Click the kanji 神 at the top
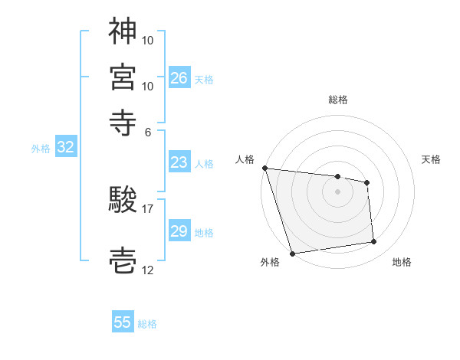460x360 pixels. coord(123,31)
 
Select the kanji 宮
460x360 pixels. coord(123,77)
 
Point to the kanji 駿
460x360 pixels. coord(123,200)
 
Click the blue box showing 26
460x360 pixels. coord(179,77)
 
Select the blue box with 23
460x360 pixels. coord(179,162)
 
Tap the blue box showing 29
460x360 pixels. coord(179,231)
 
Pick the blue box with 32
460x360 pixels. coord(65,148)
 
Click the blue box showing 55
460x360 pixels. coord(123,322)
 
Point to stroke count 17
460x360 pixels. coord(147,208)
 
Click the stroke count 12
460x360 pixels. coord(148,270)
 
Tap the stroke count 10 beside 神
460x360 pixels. coord(148,39)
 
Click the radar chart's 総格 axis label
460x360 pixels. coord(338,100)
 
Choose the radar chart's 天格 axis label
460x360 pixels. coord(431,159)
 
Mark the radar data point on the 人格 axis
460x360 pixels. coord(264,168)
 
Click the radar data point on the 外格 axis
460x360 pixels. coord(292,253)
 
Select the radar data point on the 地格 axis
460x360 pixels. coord(374,242)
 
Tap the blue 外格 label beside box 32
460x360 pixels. coord(40,149)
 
